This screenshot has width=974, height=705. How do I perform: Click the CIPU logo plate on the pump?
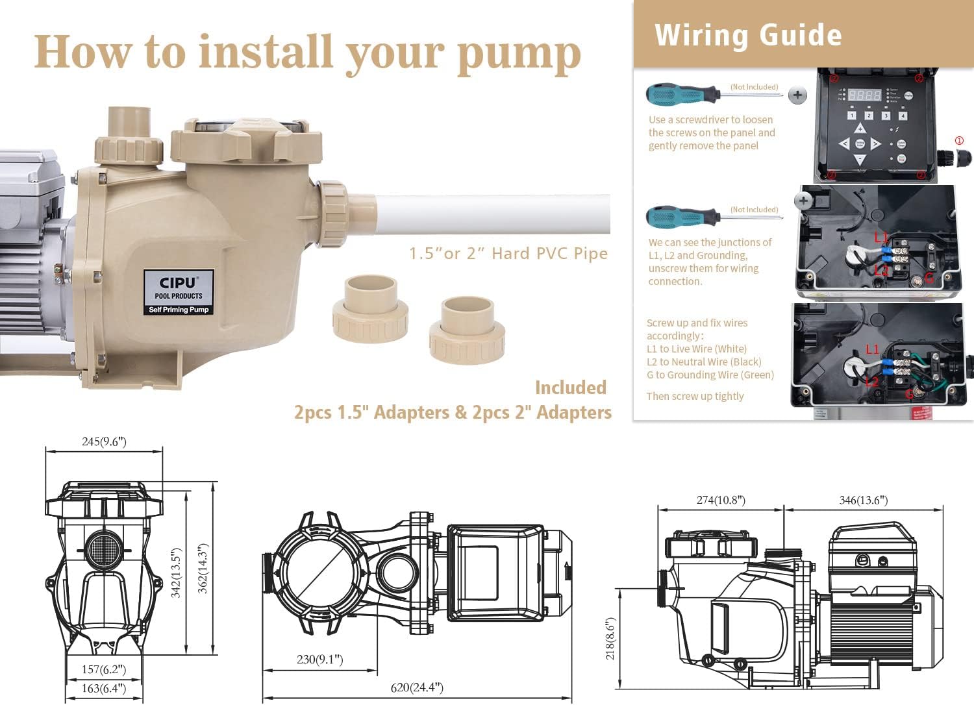(x=179, y=293)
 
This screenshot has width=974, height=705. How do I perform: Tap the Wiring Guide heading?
(x=748, y=35)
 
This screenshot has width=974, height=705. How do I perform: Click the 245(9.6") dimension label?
(x=104, y=441)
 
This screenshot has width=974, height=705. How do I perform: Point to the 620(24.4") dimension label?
(x=417, y=687)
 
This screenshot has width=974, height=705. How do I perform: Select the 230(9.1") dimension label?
(x=319, y=660)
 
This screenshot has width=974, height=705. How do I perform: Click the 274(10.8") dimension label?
(x=721, y=500)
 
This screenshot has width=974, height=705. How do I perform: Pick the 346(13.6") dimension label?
(x=863, y=500)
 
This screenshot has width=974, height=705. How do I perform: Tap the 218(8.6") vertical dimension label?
(x=610, y=638)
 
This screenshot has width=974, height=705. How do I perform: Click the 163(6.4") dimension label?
(x=104, y=688)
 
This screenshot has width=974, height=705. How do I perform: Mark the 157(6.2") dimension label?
(x=104, y=669)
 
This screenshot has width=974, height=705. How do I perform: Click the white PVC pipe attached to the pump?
(x=493, y=215)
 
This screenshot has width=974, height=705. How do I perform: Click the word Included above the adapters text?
(x=570, y=388)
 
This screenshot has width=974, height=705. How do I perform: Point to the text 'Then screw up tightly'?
(x=695, y=396)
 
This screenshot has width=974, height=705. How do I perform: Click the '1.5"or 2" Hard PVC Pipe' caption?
(x=508, y=253)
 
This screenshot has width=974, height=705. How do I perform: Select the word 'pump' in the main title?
(x=519, y=53)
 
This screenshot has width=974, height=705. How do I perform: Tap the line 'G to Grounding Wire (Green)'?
(x=710, y=375)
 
